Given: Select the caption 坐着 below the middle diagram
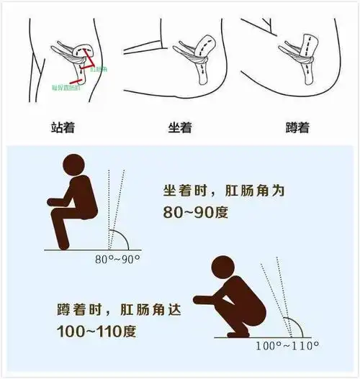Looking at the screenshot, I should (x=180, y=128).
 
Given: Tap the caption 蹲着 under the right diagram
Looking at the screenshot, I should (x=297, y=128).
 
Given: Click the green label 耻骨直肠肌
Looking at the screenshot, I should (x=66, y=87).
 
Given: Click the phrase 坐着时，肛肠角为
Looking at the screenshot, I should (x=219, y=191).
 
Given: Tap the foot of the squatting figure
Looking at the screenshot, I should (x=235, y=333).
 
